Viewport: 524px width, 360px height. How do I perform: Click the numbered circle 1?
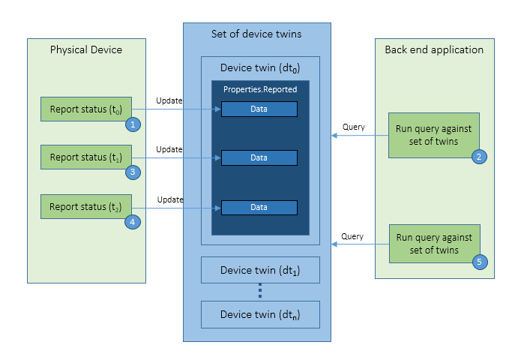[x=133, y=124]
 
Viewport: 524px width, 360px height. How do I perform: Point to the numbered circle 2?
[x=478, y=157]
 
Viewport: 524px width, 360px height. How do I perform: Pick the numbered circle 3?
[x=133, y=172]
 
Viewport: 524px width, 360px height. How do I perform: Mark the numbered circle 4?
[x=133, y=222]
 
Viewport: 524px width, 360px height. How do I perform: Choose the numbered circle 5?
[x=478, y=262]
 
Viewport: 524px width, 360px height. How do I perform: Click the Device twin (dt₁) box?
[x=260, y=270]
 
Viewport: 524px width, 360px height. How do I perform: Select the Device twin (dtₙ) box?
[x=260, y=314]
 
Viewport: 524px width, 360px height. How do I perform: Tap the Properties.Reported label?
[x=259, y=89]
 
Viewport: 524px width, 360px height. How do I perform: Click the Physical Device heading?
[x=85, y=50]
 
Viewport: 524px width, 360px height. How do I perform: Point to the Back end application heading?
[x=434, y=50]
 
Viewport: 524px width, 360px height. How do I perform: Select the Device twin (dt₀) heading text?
[x=259, y=68]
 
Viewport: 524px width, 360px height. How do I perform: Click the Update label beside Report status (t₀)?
[x=169, y=100]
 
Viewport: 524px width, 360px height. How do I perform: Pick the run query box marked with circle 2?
[x=433, y=135]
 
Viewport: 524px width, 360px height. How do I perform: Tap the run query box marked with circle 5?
[x=433, y=243]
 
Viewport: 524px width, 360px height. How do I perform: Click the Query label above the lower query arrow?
[x=352, y=235]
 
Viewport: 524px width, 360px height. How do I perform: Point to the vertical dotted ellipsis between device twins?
[x=260, y=291]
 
